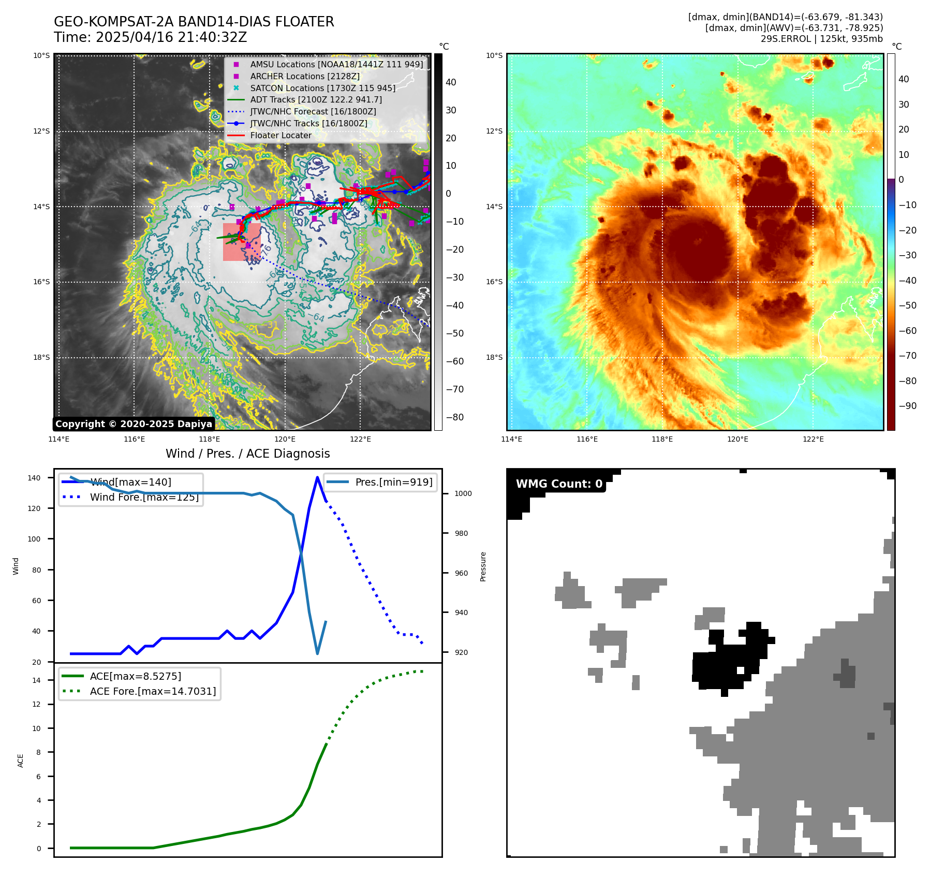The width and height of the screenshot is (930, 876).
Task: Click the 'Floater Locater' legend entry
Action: click(x=281, y=136)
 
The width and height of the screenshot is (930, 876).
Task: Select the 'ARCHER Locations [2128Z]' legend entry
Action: click(x=304, y=77)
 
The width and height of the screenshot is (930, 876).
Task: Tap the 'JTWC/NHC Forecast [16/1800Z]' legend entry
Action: click(x=313, y=112)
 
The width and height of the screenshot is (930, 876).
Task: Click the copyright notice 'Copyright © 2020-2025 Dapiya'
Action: click(x=134, y=424)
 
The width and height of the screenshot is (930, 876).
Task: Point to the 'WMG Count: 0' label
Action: click(x=559, y=484)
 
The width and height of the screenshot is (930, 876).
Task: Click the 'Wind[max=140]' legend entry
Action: click(x=130, y=483)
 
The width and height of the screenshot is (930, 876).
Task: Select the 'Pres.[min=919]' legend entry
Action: click(x=393, y=483)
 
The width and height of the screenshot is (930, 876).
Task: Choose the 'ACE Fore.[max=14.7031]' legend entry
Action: click(x=153, y=692)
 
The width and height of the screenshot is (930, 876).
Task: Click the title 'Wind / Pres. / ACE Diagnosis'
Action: click(x=247, y=454)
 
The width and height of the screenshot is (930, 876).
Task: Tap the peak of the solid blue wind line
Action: click(x=317, y=477)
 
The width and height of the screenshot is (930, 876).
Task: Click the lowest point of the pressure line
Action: click(x=317, y=654)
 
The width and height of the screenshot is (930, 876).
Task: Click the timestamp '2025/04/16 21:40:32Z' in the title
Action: click(x=171, y=38)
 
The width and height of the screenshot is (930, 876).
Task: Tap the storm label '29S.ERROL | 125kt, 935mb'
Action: click(x=821, y=39)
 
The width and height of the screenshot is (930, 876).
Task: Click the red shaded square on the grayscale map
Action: click(x=241, y=242)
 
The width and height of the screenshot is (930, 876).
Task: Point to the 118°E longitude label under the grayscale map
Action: click(x=210, y=440)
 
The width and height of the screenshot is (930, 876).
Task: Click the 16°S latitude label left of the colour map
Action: click(x=494, y=282)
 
